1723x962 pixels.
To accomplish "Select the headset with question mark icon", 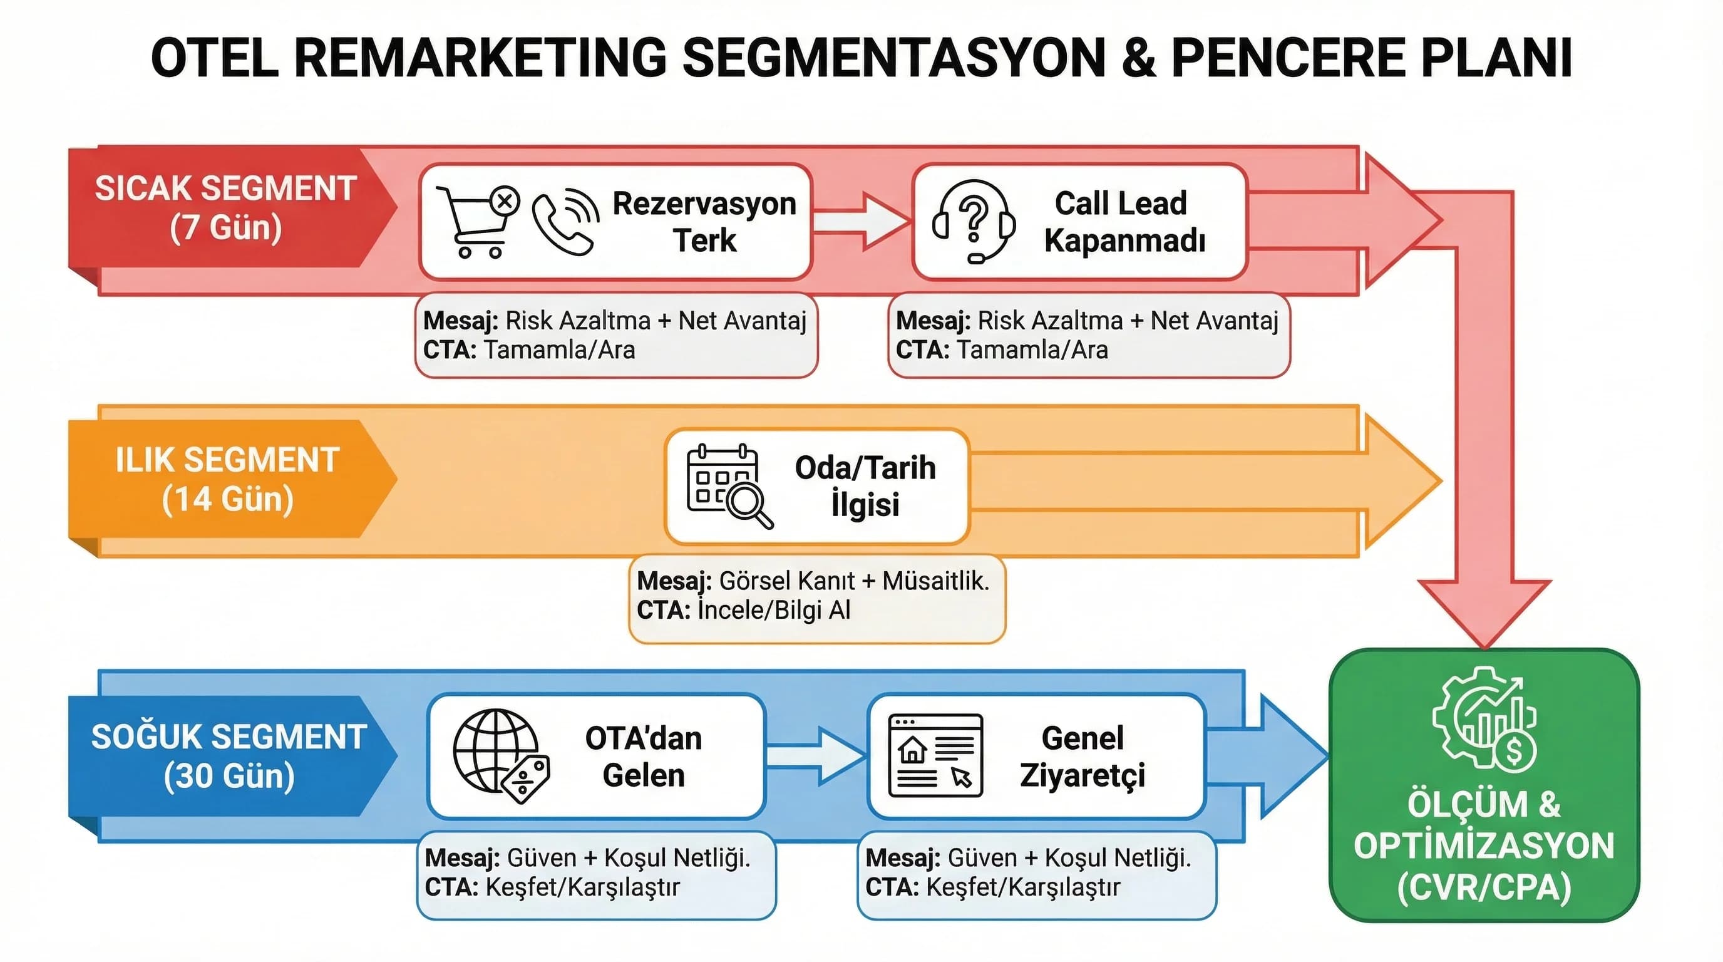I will click(973, 220).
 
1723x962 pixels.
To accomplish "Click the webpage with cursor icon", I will click(935, 756).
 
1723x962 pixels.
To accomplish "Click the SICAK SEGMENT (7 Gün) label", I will click(225, 207).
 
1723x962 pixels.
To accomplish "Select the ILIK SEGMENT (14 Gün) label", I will click(227, 479).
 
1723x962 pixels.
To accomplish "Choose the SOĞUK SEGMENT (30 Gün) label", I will click(229, 756).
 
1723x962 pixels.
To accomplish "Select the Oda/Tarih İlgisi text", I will click(865, 485).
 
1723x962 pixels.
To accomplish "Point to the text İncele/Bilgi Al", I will click(773, 610).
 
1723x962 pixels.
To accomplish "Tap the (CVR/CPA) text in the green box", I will click(1484, 887).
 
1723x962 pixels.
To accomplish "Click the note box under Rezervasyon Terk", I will click(615, 335).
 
